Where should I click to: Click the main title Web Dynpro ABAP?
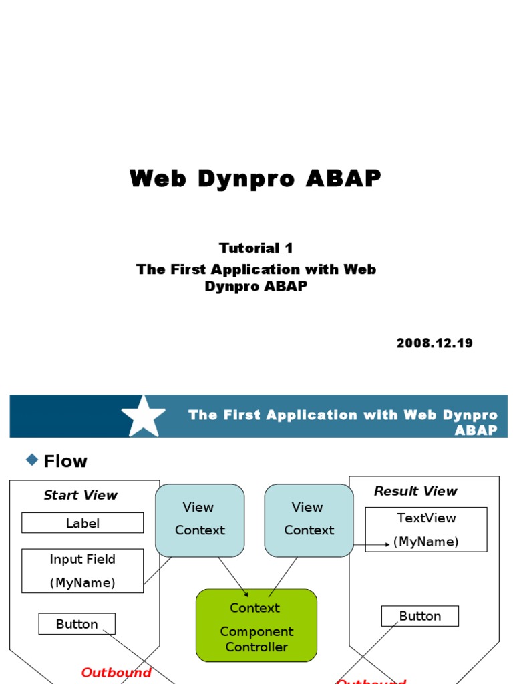click(255, 179)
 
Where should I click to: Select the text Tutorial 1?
click(256, 248)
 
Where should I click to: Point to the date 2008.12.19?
click(434, 343)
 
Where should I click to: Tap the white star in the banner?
click(143, 416)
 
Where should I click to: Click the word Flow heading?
click(65, 461)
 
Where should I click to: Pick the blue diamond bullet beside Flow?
click(31, 459)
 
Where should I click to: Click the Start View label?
click(80, 495)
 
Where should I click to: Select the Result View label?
click(415, 491)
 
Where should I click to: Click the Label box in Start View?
click(82, 523)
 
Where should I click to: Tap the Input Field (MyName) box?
click(82, 571)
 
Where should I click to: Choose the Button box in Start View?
click(77, 624)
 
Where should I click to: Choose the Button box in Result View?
click(419, 616)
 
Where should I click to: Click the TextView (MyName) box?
click(426, 529)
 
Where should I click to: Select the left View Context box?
click(200, 520)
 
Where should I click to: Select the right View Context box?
click(309, 520)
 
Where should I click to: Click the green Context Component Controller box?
click(256, 626)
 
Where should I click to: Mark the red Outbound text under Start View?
click(116, 673)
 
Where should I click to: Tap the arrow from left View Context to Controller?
click(233, 576)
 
